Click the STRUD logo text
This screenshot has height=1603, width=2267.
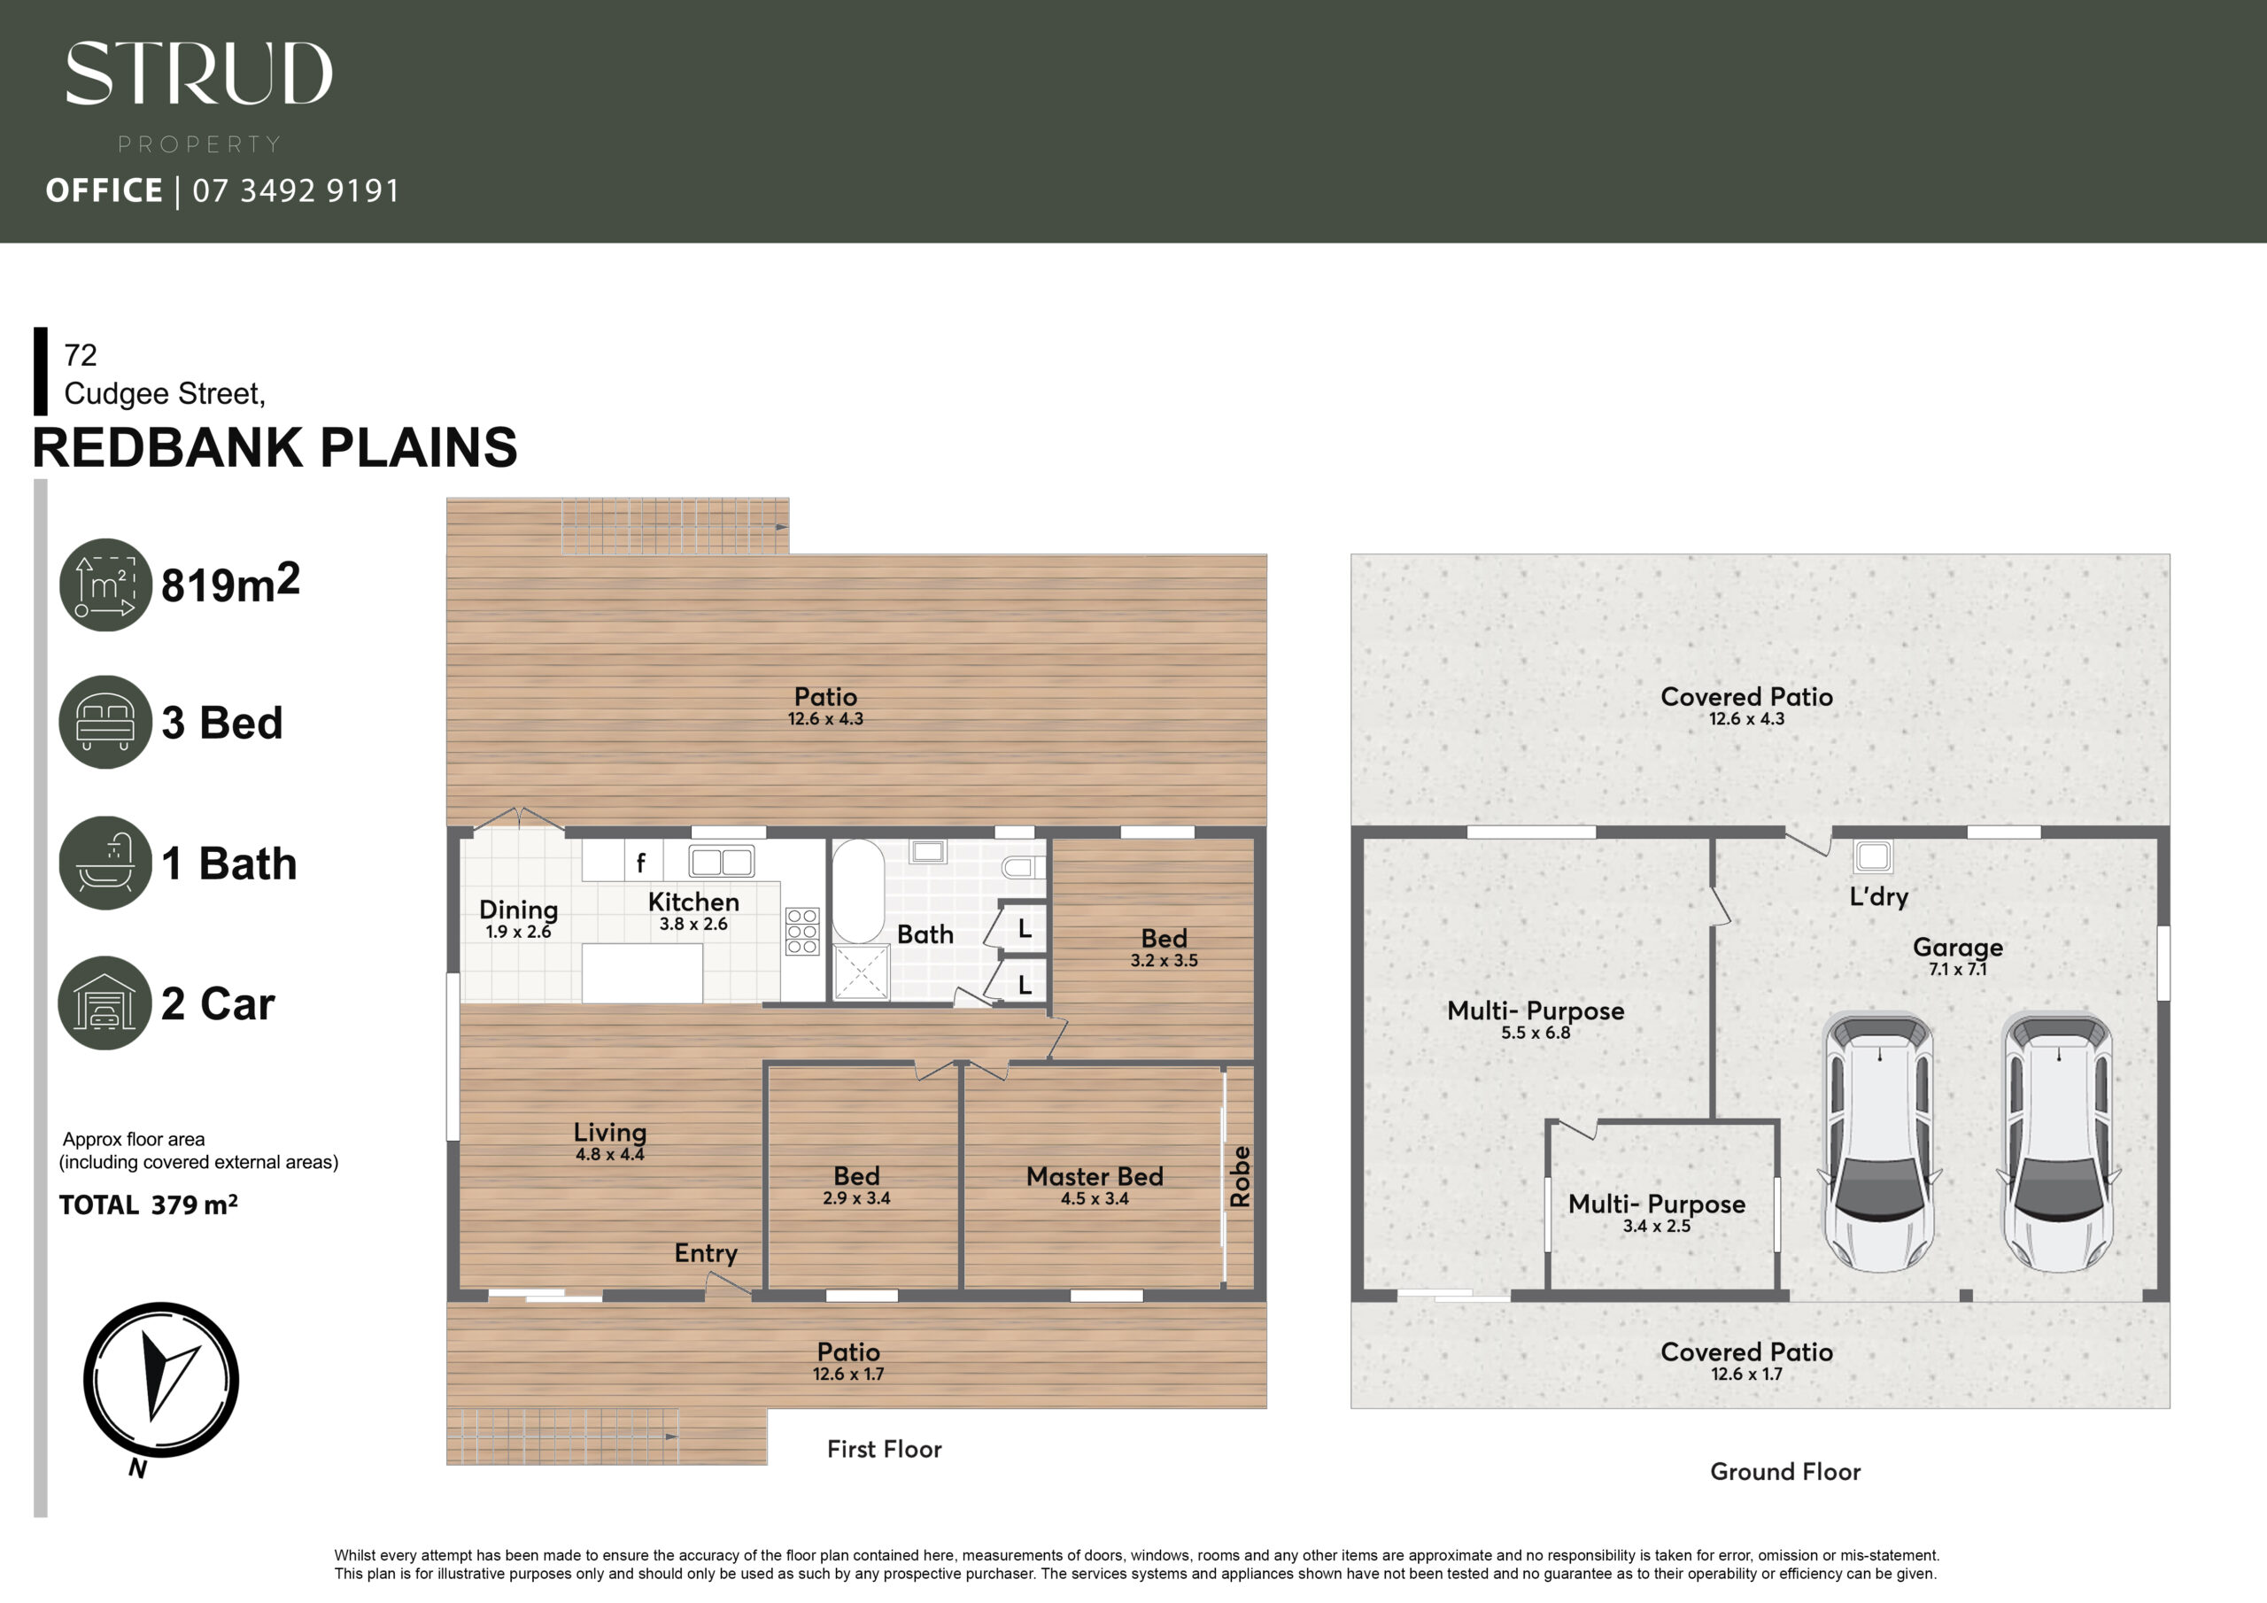[x=198, y=74]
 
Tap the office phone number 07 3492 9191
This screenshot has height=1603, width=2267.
[x=296, y=190]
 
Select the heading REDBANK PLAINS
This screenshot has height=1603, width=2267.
[x=275, y=447]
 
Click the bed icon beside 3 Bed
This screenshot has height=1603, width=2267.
[x=105, y=722]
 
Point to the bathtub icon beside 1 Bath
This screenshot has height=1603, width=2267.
[x=105, y=863]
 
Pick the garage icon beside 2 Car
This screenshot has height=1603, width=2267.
[x=105, y=1003]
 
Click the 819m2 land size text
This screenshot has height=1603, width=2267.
[x=230, y=583]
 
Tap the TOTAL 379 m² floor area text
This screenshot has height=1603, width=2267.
[x=148, y=1205]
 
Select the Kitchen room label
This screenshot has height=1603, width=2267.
[x=693, y=902]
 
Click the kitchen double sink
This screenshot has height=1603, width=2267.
[x=721, y=861]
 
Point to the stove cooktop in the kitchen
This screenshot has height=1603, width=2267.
[x=802, y=932]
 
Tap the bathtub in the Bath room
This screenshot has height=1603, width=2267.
[x=858, y=892]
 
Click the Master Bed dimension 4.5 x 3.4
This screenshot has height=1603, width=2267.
[x=1095, y=1199]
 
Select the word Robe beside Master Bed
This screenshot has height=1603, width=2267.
[x=1240, y=1176]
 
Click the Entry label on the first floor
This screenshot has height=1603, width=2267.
[x=706, y=1253]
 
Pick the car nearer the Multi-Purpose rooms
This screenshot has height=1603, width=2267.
[x=1880, y=1142]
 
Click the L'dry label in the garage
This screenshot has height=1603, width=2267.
[x=1879, y=896]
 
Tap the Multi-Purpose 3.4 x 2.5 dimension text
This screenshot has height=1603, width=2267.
[x=1657, y=1227]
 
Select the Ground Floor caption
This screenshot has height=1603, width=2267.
[x=1785, y=1472]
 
